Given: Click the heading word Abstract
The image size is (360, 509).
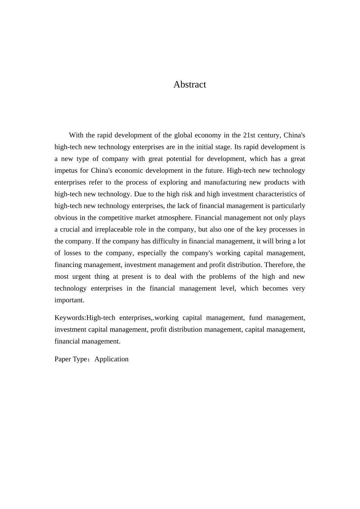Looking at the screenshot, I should click(x=189, y=84).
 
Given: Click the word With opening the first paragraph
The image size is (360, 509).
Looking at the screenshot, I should click(x=76, y=135).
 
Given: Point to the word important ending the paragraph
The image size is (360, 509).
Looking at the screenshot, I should click(x=69, y=300).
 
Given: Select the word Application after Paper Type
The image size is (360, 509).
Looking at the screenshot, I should click(x=111, y=359).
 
